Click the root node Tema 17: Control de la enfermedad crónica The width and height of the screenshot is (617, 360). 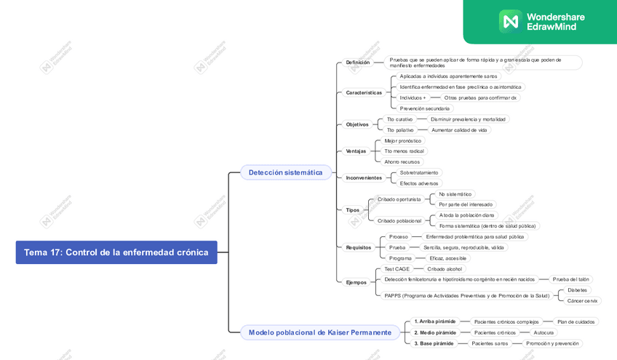point(116,252)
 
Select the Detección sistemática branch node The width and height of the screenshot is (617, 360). point(285,172)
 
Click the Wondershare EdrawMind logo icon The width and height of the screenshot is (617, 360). point(509,21)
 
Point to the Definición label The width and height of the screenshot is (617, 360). point(357,63)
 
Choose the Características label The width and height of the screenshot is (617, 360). point(364,92)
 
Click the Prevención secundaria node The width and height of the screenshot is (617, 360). point(424,108)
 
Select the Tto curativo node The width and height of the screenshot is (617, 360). point(399,119)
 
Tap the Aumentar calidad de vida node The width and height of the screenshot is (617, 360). point(458,130)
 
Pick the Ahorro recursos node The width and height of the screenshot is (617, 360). point(402,162)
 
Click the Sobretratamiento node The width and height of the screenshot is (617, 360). point(419,172)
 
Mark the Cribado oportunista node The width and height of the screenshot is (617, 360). point(399,199)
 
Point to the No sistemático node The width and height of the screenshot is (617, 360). point(455,194)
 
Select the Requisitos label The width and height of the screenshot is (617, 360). point(359,247)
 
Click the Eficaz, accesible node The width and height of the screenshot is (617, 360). point(447,258)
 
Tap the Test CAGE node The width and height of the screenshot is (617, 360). point(397,269)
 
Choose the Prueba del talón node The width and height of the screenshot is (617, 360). point(570,279)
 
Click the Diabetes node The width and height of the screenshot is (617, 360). point(577,290)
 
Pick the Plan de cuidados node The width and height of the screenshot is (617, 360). point(576,321)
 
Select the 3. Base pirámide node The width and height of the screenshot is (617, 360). point(434,343)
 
